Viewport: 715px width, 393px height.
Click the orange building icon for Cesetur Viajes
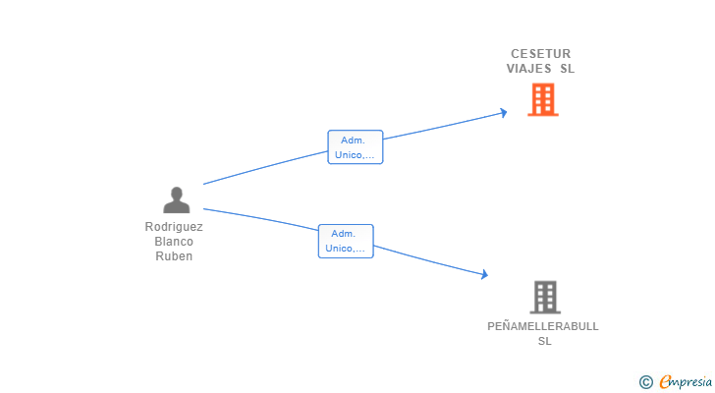(542, 99)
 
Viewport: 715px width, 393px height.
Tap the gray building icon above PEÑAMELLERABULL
(545, 297)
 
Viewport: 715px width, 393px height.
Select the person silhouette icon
(177, 200)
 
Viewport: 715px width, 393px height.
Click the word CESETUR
(540, 54)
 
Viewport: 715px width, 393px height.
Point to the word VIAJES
(528, 69)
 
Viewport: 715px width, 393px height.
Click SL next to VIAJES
(567, 69)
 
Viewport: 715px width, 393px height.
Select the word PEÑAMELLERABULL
(543, 326)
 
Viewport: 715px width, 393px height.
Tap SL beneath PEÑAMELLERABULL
(545, 341)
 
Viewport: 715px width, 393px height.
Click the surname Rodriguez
(174, 227)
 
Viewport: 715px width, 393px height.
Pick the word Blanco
(174, 242)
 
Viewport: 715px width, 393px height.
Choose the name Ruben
(174, 256)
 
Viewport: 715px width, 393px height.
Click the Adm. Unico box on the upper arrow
(355, 147)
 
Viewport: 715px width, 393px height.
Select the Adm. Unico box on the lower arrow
(346, 241)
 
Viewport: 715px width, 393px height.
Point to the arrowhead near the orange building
(503, 112)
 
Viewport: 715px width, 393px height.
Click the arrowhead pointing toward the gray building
(483, 275)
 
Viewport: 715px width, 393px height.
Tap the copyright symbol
(645, 382)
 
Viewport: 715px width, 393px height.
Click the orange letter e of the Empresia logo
(665, 381)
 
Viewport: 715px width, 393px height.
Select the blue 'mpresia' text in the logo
(690, 382)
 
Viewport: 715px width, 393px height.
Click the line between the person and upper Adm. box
(265, 168)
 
